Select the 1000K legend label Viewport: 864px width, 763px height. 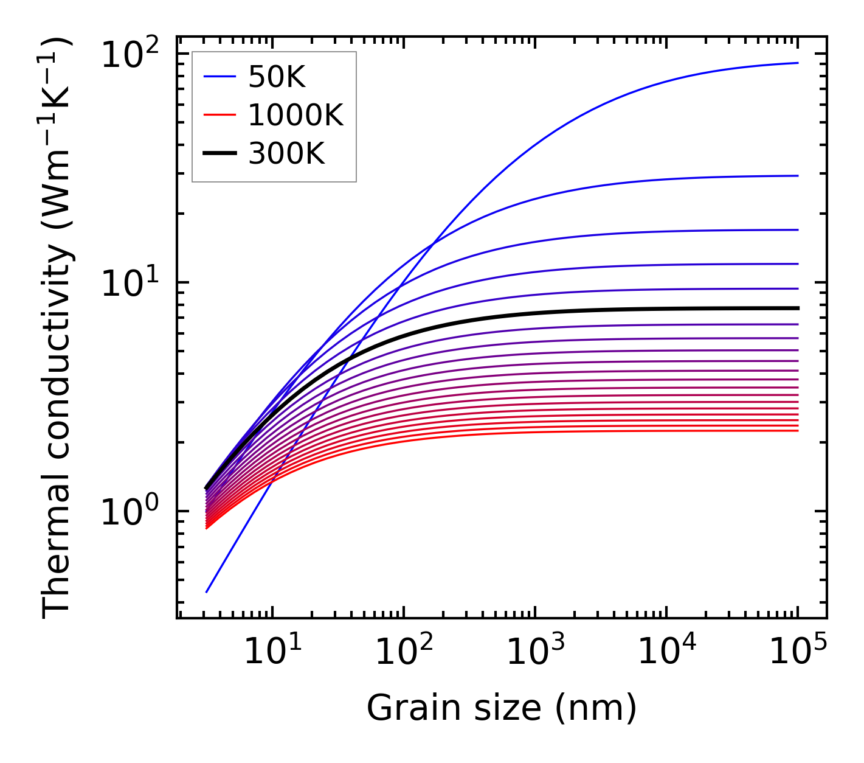coord(295,115)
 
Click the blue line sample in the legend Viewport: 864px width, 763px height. coord(219,77)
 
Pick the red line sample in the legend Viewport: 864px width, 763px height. coord(219,115)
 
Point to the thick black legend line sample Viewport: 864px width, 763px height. coord(219,154)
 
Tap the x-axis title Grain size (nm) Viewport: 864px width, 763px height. coord(502,708)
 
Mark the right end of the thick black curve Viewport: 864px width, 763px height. coord(797,308)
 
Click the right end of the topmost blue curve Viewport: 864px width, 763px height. coord(797,63)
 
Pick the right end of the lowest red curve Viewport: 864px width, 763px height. coord(797,431)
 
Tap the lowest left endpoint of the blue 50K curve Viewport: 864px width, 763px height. coord(207,592)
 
